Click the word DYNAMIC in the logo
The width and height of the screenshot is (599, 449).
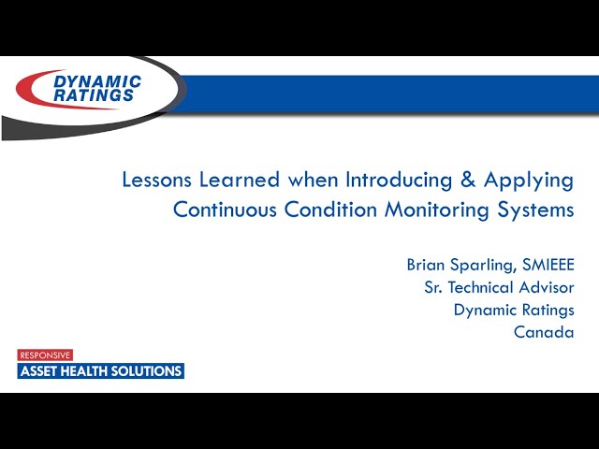point(97,82)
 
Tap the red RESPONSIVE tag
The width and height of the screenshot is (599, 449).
point(45,355)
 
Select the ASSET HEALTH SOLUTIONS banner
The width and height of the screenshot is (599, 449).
point(101,371)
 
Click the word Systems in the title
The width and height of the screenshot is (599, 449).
point(536,210)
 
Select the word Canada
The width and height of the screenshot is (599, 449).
point(544,332)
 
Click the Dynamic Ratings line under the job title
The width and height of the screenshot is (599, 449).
point(514,311)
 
